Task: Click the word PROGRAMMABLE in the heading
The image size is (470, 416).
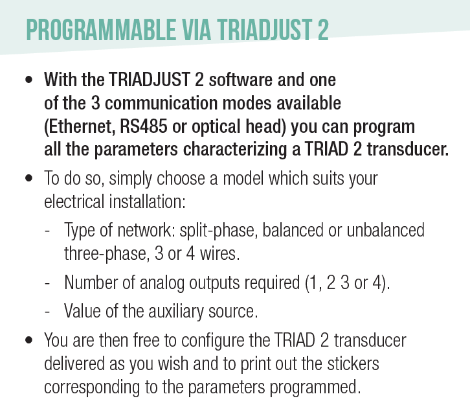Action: [101, 30]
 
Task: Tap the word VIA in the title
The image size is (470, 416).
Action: [197, 30]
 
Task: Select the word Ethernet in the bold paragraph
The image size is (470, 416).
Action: [80, 126]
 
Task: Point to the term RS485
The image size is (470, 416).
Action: [143, 126]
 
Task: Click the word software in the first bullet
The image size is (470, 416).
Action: [241, 80]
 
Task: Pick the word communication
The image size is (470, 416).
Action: [161, 103]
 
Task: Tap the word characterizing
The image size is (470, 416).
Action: [235, 150]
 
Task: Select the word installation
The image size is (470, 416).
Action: [147, 202]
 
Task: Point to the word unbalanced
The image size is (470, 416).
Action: [385, 230]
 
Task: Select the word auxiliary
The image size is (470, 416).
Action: [175, 311]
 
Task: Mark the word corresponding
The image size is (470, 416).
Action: [92, 387]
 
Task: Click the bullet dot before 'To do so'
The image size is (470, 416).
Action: [29, 178]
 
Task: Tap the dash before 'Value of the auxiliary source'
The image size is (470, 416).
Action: [47, 312]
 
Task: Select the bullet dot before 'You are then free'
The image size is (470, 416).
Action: [29, 340]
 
